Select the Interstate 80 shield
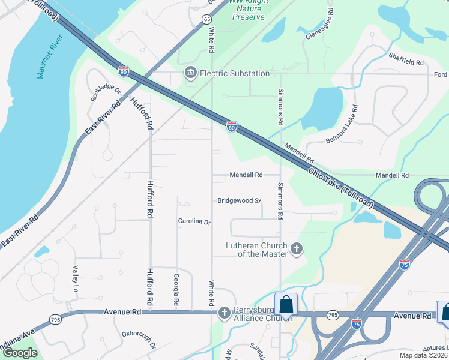click(232, 126)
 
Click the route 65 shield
click(207, 19)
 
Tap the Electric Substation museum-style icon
click(191, 73)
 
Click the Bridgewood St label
click(238, 200)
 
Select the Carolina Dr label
click(194, 221)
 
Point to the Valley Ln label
click(76, 279)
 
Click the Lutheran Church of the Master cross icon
click(295, 248)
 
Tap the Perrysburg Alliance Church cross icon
click(224, 312)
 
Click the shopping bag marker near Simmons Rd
click(286, 304)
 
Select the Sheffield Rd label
click(406, 62)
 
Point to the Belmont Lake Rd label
click(349, 124)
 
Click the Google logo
click(20, 353)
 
